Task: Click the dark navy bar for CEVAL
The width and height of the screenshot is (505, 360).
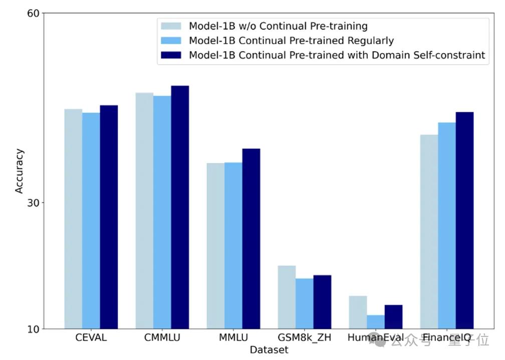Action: tap(109, 217)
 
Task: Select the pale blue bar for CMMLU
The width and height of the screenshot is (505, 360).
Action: tap(144, 211)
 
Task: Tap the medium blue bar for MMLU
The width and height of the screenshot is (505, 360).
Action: tap(233, 246)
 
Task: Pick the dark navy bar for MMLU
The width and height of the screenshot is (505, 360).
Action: tap(251, 239)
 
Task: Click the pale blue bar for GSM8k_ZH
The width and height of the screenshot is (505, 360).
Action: tap(287, 297)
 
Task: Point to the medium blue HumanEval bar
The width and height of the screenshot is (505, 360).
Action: tap(376, 322)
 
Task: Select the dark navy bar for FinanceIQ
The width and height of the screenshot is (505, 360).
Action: tap(464, 220)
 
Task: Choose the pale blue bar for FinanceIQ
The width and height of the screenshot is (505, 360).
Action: tap(429, 232)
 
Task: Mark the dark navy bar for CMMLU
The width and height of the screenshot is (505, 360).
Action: tap(180, 207)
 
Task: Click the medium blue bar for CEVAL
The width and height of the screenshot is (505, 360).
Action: tap(91, 221)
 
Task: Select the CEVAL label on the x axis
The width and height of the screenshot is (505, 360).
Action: tap(91, 337)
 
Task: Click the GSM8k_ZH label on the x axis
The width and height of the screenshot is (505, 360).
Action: tap(304, 337)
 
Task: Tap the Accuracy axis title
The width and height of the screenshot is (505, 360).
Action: tap(19, 170)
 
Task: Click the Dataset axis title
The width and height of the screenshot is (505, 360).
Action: tap(269, 350)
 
